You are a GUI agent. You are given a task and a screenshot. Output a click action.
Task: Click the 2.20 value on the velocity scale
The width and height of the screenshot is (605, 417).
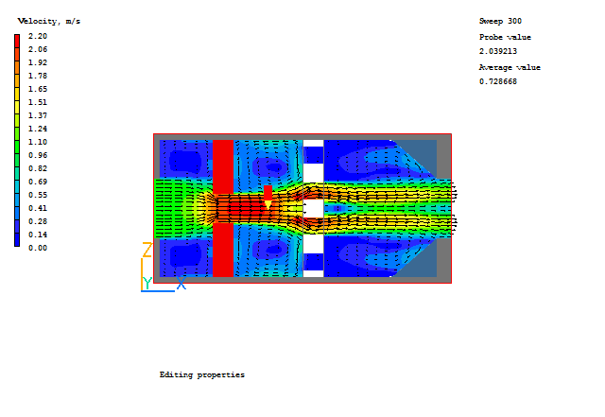38,36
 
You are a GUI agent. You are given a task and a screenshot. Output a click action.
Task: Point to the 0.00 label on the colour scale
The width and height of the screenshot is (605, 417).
38,248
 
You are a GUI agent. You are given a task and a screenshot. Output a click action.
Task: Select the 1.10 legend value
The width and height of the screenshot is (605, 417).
38,142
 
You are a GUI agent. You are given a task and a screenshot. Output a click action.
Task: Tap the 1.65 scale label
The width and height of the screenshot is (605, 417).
38,89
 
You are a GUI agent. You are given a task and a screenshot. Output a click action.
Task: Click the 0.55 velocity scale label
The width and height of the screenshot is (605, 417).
38,195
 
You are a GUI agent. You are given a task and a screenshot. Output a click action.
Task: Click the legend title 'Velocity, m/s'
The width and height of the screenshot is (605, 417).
49,21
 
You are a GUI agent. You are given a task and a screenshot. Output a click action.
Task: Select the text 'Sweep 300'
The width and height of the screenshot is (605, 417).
500,21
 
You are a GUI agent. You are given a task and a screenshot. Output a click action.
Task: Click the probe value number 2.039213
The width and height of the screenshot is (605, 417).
498,51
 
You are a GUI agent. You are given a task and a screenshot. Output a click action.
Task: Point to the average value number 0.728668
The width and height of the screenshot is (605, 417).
498,81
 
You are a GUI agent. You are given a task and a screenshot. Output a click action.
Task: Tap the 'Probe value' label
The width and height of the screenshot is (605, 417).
505,37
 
